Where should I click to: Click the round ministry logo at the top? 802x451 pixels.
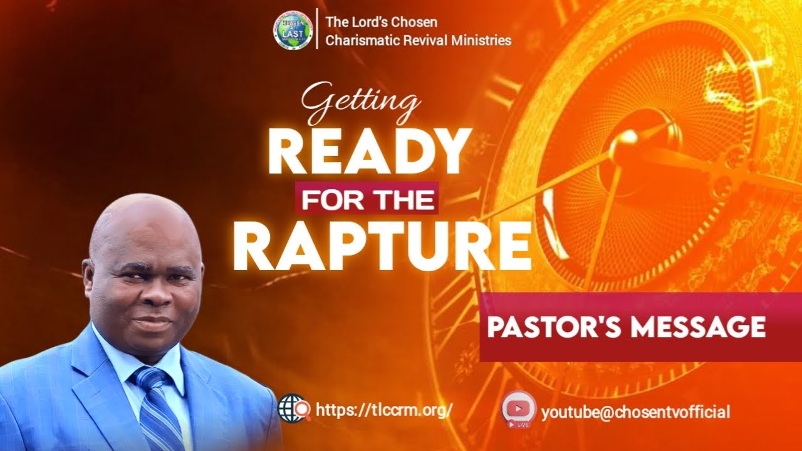point(293,30)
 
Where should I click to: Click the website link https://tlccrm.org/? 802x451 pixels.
point(384,410)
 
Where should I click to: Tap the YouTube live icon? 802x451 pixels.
point(519,408)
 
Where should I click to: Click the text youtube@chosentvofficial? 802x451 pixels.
point(635,412)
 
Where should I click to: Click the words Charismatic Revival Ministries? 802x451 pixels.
point(418,41)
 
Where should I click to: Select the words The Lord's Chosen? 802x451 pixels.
point(381,23)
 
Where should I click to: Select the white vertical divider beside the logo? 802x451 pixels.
point(316,29)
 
